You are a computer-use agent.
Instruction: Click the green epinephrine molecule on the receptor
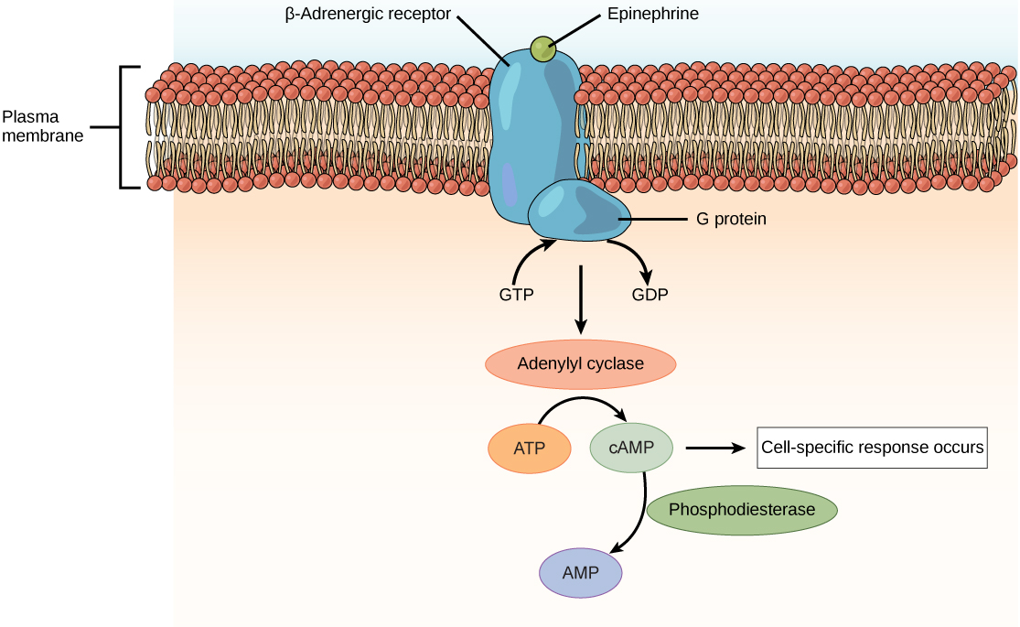pos(543,49)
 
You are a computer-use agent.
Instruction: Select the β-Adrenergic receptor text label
pos(368,15)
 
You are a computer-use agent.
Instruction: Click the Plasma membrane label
pos(42,126)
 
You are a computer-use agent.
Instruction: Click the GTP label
pos(516,295)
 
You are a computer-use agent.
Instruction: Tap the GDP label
pos(650,295)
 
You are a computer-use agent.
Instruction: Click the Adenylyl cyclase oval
pos(580,363)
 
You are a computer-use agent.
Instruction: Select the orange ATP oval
pos(530,449)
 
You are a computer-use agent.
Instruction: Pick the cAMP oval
pos(631,448)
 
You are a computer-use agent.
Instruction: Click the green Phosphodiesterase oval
pos(742,510)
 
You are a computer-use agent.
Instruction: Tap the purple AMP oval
pos(581,573)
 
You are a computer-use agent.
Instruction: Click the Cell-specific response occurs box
pos(872,448)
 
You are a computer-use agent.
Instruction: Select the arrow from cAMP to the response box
pos(714,448)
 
